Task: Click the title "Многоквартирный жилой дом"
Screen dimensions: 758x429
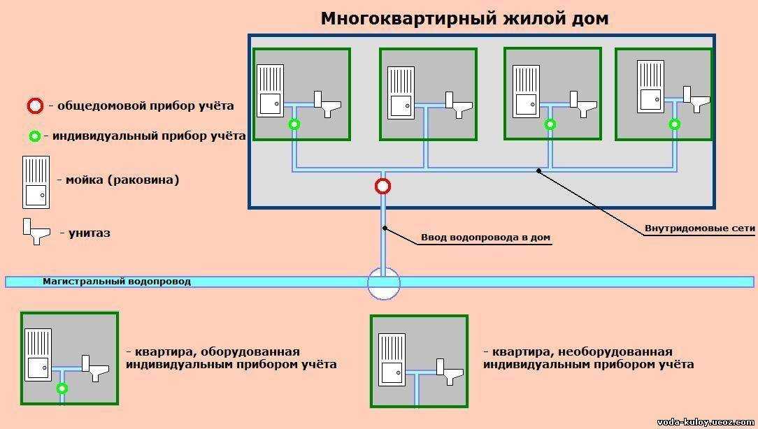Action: click(464, 18)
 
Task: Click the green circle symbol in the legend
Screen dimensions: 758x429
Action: click(34, 136)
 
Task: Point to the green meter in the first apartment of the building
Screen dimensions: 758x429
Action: click(294, 124)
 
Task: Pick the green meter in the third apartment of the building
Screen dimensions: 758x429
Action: click(550, 124)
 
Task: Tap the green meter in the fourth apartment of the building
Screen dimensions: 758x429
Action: click(674, 124)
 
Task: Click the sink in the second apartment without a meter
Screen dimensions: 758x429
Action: click(401, 93)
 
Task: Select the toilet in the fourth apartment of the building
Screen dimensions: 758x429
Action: click(696, 99)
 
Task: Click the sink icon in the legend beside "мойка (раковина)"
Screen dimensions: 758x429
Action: click(36, 182)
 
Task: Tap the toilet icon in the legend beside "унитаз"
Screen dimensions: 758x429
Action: click(36, 231)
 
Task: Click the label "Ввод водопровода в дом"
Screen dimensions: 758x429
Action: click(485, 237)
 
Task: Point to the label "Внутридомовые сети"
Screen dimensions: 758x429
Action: click(699, 228)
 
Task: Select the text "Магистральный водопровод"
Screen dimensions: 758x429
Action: click(117, 281)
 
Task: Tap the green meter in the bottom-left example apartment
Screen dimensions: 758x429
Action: click(62, 388)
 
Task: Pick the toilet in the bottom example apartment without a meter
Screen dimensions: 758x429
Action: click(450, 372)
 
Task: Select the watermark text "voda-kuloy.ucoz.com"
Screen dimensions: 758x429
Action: click(706, 422)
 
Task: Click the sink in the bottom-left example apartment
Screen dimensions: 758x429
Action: click(38, 355)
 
